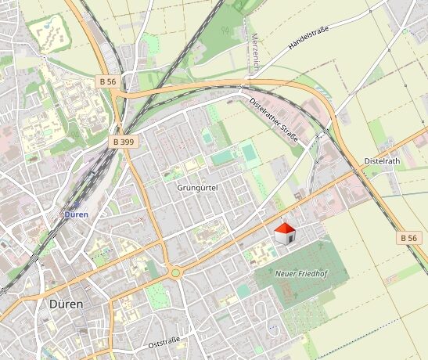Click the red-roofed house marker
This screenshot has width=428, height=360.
(x=286, y=232)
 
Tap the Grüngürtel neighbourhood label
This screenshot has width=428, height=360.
(x=196, y=188)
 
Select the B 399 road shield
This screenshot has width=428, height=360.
(x=124, y=142)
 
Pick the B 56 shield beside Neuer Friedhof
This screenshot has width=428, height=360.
(x=408, y=237)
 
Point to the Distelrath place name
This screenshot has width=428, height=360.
(x=383, y=161)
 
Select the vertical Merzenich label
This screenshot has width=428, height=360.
(x=254, y=54)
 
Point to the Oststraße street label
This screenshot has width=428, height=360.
(x=164, y=341)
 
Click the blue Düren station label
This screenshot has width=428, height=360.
(x=76, y=213)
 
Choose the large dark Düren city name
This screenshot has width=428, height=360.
(x=67, y=303)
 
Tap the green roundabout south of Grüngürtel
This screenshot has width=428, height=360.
(x=175, y=273)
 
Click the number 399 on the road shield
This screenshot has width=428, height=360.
(x=128, y=142)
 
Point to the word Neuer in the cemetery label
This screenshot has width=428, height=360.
(x=285, y=274)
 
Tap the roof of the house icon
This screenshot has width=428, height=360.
(x=286, y=227)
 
